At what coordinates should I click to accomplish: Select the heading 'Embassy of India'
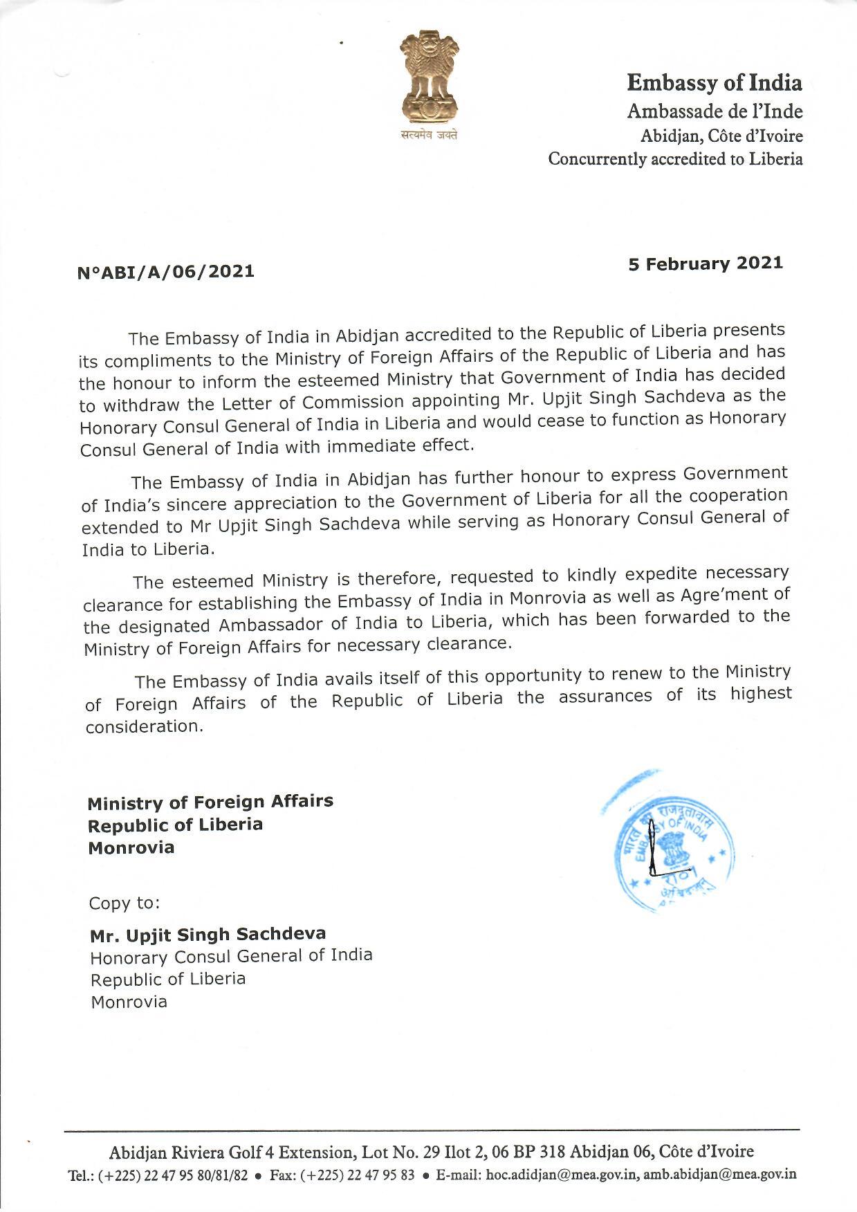[x=714, y=84]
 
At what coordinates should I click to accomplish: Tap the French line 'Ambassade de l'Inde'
[x=715, y=111]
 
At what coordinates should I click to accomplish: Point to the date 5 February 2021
[x=705, y=264]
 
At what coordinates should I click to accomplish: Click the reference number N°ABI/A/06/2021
[x=165, y=271]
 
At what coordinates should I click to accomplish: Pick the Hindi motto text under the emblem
[x=429, y=136]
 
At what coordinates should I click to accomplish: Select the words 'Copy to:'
[x=125, y=903]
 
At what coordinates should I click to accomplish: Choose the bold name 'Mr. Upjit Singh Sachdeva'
[x=208, y=935]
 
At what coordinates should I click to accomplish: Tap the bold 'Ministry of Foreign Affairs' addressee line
[x=210, y=802]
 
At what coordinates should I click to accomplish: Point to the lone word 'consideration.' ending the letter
[x=145, y=726]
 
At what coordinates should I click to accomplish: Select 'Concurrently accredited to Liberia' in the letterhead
[x=675, y=159]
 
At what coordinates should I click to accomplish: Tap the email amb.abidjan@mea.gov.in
[x=719, y=1175]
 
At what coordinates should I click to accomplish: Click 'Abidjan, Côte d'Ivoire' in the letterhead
[x=721, y=136]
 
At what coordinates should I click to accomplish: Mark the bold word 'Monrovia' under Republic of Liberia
[x=131, y=847]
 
